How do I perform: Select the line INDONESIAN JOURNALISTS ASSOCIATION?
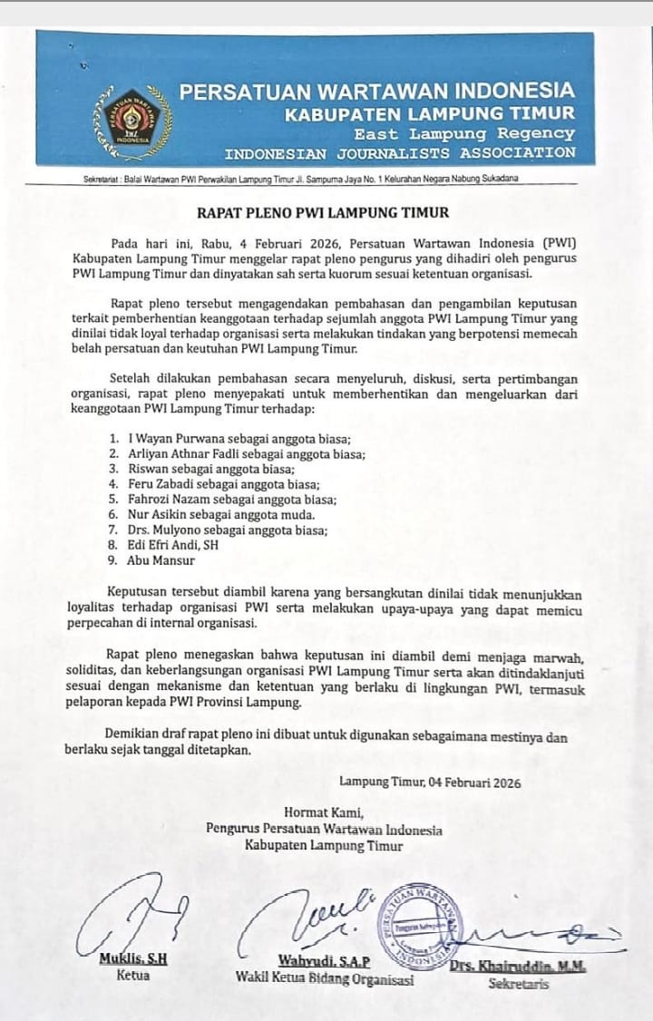tap(400, 152)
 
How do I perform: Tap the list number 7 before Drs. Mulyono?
tap(112, 530)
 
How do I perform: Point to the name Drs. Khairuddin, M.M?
tap(518, 968)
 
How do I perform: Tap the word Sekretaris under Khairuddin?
tap(519, 984)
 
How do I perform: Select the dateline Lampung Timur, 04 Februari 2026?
tap(430, 783)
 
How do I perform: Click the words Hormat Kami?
tap(323, 812)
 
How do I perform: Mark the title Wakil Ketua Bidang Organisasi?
tap(325, 977)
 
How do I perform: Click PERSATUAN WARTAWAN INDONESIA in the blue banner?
tap(376, 92)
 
